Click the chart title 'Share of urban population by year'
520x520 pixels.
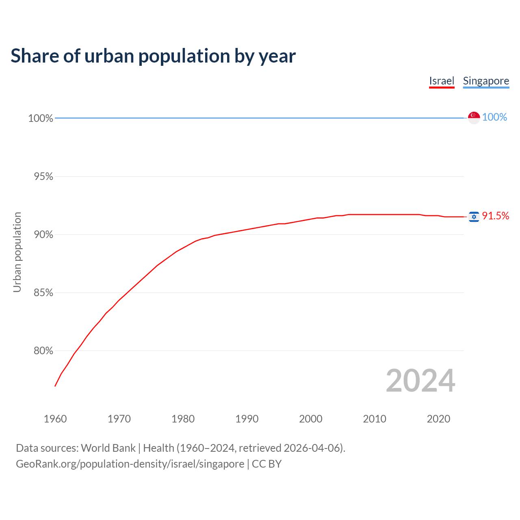coord(153,56)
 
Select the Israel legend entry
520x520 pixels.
coord(442,81)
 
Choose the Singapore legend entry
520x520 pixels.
coord(486,81)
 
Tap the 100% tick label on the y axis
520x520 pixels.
coord(41,118)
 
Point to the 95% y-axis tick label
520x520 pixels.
coord(43,176)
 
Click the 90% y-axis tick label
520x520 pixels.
coord(43,234)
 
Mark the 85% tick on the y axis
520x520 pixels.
coord(43,292)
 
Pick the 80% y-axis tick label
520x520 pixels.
coord(43,351)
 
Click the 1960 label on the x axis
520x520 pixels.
coord(55,419)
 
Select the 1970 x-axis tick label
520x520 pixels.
coord(119,419)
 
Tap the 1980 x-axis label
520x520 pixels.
coord(183,419)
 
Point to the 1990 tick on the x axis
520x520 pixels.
coord(247,419)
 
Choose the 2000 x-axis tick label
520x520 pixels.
coord(311,419)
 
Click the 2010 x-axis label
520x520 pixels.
coord(375,419)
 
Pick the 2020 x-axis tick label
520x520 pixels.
coord(438,419)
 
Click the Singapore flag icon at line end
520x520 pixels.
coord(474,117)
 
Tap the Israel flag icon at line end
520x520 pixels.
coord(474,217)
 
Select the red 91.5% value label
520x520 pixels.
coord(495,216)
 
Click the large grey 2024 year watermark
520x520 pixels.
coord(420,381)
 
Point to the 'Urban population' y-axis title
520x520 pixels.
coord(17,252)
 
